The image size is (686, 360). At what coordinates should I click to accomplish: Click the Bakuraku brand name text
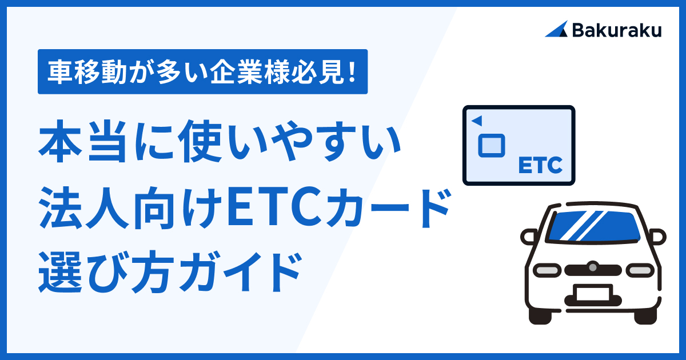(617, 30)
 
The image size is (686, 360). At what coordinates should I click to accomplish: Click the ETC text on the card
(541, 165)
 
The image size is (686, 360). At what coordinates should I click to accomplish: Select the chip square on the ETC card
(492, 146)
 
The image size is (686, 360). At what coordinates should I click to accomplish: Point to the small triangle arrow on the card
(477, 121)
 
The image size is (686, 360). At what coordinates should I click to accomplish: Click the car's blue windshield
(594, 226)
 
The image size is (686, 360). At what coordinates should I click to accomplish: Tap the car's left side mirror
(529, 237)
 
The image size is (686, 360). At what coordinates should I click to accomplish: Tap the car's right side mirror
(657, 237)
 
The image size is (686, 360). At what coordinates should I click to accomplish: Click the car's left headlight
(547, 270)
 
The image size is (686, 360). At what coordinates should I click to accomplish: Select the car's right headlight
(640, 270)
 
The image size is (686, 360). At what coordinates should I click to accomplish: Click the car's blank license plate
(593, 293)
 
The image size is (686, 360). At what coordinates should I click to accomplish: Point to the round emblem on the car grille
(593, 267)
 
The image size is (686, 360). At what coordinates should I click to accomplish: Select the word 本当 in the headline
(82, 142)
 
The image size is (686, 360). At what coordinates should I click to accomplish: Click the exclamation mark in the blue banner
(353, 72)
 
